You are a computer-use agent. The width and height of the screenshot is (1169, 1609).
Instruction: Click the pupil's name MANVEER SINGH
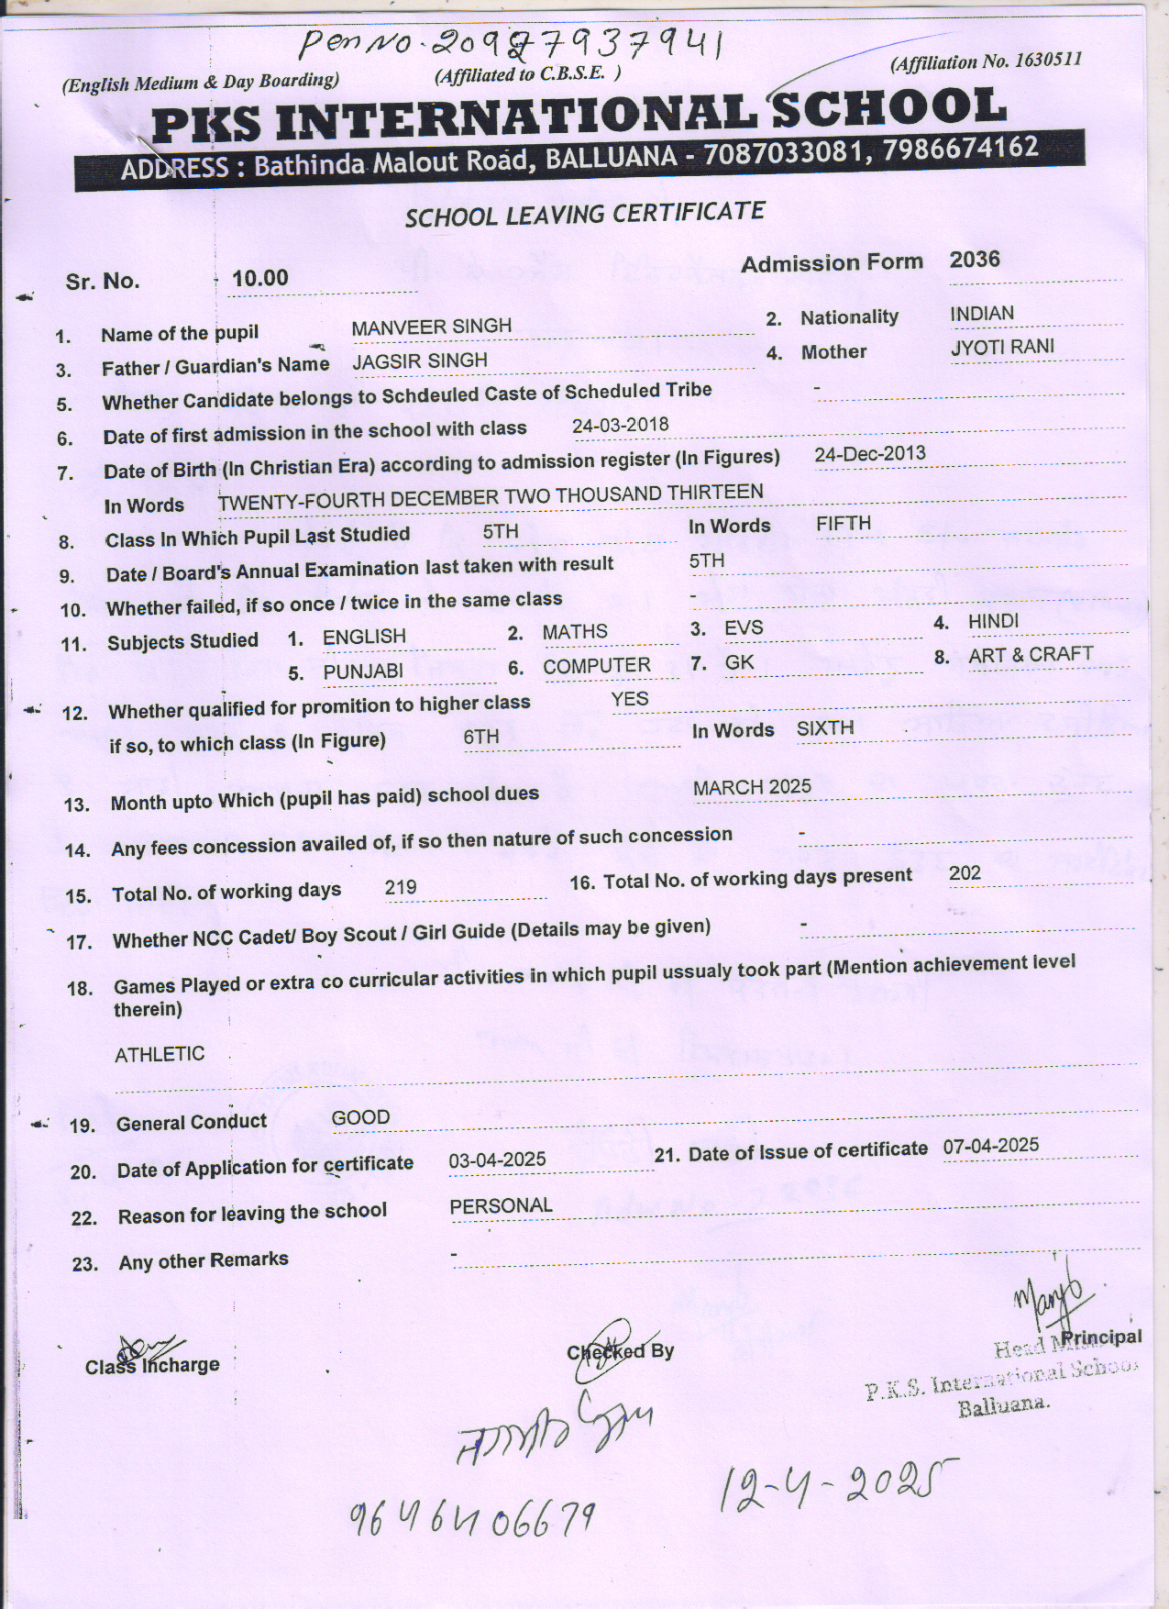(x=431, y=327)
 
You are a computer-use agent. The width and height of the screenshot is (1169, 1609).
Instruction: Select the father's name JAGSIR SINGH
(x=420, y=361)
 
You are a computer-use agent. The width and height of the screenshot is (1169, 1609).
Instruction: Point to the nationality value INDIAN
(x=982, y=314)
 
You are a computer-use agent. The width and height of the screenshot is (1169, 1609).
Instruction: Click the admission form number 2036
(x=975, y=259)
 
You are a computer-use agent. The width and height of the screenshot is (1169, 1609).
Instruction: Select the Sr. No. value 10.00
(x=260, y=278)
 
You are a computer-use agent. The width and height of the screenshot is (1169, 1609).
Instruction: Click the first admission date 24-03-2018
(x=620, y=426)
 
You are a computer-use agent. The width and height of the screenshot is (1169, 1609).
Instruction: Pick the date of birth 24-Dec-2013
(x=869, y=454)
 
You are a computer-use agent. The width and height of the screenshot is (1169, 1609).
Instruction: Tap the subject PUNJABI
(x=363, y=671)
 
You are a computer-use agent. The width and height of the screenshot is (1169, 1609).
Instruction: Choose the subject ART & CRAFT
(x=1031, y=655)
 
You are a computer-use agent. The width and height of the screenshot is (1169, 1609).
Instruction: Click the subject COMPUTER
(x=596, y=666)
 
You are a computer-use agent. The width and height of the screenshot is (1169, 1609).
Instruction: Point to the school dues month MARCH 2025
(x=752, y=787)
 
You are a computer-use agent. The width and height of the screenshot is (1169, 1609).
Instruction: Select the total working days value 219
(x=401, y=887)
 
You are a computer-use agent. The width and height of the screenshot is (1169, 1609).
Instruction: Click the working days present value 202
(x=965, y=872)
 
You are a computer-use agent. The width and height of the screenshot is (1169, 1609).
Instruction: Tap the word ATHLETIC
(x=160, y=1055)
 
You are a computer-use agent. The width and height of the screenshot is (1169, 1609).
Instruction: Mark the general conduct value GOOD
(x=360, y=1117)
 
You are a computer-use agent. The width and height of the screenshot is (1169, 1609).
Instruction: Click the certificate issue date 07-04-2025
(x=990, y=1146)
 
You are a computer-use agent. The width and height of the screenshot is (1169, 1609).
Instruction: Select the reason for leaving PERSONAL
(x=501, y=1206)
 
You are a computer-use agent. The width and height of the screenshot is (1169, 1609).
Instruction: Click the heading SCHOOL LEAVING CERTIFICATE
(x=585, y=215)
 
